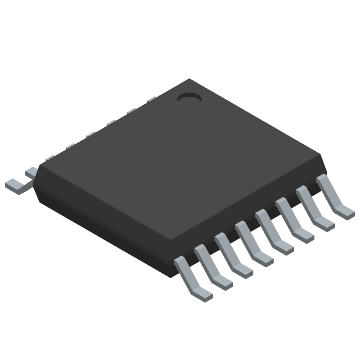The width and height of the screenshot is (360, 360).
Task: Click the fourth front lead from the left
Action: pos(252,247)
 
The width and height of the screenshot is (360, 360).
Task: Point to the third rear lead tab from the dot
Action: pos(110,122)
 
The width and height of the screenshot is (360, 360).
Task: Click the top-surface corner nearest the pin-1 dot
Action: pos(189,80)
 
